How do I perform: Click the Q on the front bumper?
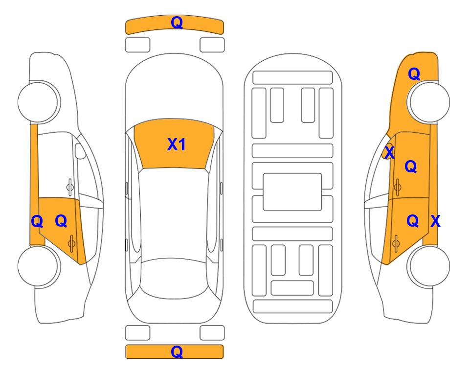[177, 23]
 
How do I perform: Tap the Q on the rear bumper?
[177, 352]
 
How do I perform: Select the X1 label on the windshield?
[177, 144]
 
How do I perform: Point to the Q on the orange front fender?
[414, 74]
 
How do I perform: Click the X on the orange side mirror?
[389, 152]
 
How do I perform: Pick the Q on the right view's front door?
[411, 166]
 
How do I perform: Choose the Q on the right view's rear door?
[412, 221]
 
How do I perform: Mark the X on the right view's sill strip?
[435, 221]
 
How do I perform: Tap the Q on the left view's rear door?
[61, 221]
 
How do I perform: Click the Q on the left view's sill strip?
[37, 222]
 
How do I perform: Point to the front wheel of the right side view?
[428, 102]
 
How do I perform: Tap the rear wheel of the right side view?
[428, 265]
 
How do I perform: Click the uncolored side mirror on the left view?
[80, 151]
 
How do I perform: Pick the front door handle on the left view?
[70, 187]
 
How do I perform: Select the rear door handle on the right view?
[396, 243]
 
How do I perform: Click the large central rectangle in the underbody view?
[292, 192]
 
